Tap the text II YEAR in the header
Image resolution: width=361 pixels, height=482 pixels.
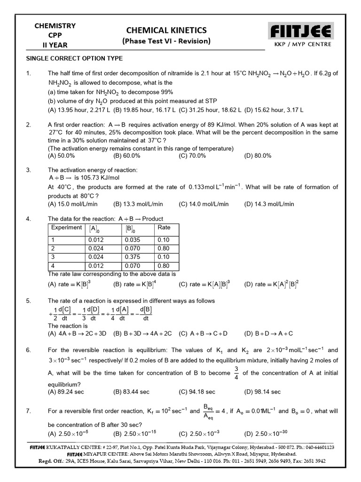pos(55,45)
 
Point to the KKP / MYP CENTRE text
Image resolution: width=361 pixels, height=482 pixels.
pos(302,44)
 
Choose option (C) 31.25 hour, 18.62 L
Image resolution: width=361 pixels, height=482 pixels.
pos(209,110)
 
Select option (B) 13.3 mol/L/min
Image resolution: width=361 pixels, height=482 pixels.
pos(138,204)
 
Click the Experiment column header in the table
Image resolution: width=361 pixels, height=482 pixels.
pos(67,228)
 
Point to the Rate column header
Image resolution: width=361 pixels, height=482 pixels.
pos(164,228)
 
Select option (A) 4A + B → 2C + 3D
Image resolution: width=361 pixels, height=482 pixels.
pos(78,333)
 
